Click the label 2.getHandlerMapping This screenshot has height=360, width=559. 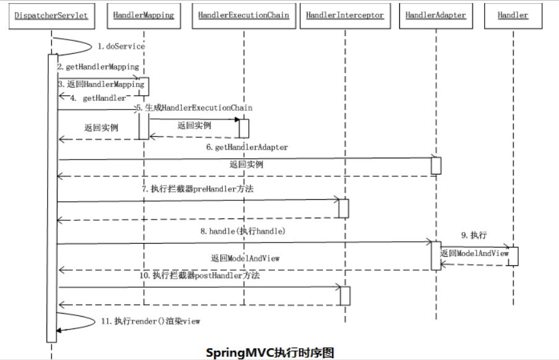[98, 66]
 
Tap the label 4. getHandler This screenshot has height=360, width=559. [98, 98]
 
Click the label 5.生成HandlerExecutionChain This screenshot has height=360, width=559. [194, 108]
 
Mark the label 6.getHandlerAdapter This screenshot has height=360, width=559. [247, 147]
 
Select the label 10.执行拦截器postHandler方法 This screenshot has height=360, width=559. [199, 275]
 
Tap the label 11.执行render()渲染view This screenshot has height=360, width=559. [149, 321]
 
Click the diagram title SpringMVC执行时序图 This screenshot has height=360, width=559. [270, 352]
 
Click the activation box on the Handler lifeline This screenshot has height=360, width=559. [513, 256]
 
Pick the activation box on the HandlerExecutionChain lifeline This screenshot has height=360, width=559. [244, 128]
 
